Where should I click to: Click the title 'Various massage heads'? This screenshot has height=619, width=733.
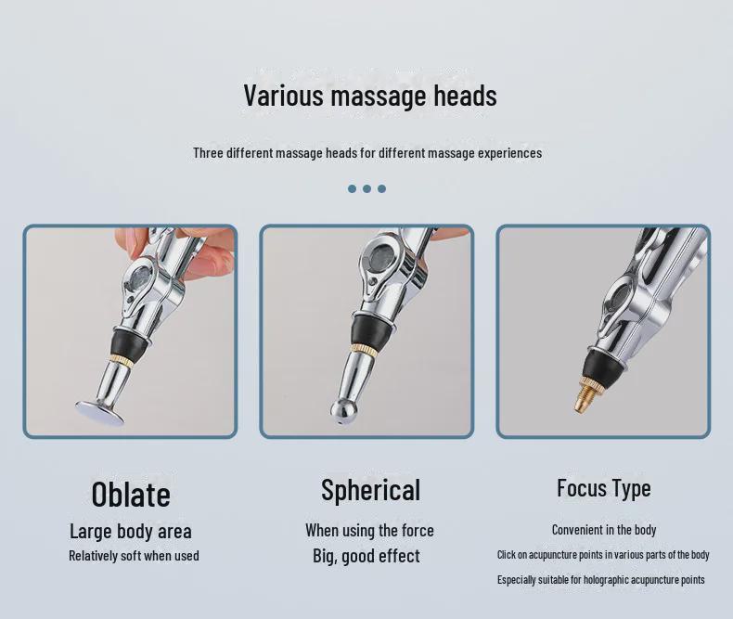369,96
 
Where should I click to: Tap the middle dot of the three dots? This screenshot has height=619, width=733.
366,188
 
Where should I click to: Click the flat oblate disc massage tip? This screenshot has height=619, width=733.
99,411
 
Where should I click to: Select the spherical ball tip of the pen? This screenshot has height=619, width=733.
343,410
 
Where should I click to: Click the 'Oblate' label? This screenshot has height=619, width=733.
131,494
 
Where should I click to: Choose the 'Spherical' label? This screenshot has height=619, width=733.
370,490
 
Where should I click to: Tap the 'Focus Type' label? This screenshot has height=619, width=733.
603,488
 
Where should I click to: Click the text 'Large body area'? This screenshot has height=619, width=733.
131,531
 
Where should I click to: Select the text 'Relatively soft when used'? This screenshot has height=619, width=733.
134,556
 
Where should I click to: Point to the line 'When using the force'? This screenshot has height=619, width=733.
369,531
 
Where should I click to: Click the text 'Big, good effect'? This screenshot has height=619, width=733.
366,556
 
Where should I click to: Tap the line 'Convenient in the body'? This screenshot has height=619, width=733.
603,530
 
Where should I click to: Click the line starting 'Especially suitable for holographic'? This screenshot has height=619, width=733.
600,580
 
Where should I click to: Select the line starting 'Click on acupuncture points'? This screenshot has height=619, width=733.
603,555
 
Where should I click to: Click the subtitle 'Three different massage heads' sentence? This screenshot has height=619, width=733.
367,153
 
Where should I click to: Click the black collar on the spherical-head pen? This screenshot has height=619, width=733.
372,329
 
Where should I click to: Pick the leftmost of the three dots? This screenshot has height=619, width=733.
352,188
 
